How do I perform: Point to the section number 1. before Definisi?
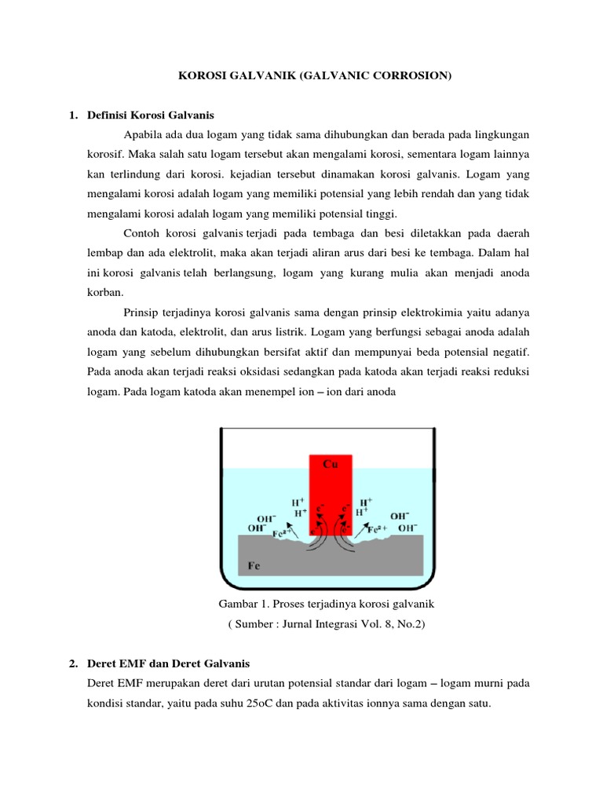(x=73, y=115)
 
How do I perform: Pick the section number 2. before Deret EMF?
(x=73, y=664)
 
